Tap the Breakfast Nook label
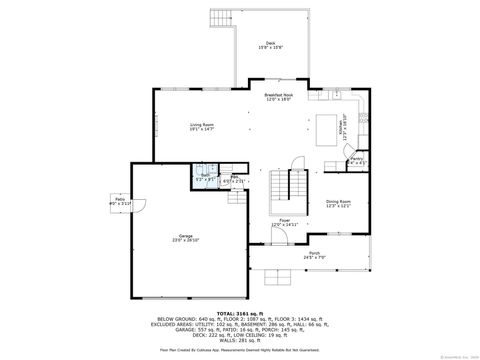(x=278, y=95)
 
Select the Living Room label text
(x=203, y=124)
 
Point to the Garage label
(x=186, y=236)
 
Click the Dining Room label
(x=338, y=201)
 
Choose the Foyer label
(x=285, y=219)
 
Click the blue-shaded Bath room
(x=203, y=179)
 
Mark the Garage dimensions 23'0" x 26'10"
(x=186, y=241)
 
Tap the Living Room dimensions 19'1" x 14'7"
(x=203, y=129)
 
